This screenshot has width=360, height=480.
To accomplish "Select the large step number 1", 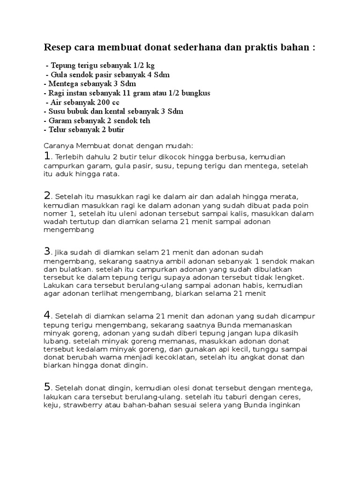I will (47, 156).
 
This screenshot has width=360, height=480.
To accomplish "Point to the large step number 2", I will (47, 195).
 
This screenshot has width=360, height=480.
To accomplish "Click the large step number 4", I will (47, 314).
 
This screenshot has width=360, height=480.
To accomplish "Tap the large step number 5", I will (47, 387).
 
